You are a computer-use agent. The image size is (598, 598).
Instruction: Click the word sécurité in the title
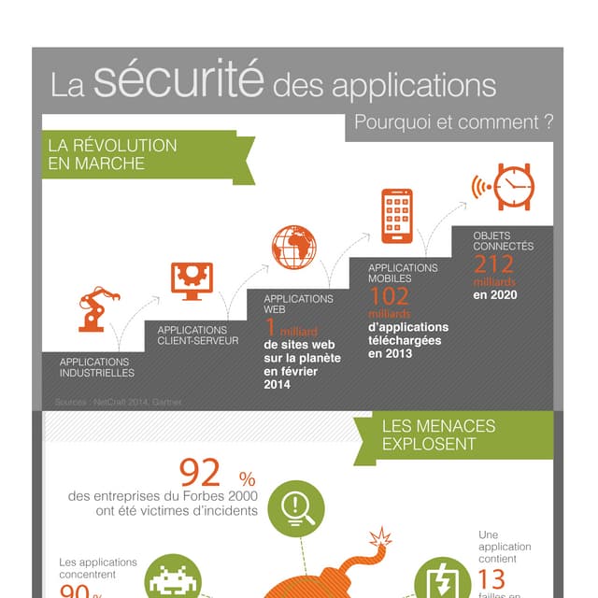tap(178, 81)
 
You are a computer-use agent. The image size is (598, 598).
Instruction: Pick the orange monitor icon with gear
tap(192, 280)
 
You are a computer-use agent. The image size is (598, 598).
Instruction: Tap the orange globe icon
tap(293, 248)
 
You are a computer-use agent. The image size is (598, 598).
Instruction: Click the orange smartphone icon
tap(396, 216)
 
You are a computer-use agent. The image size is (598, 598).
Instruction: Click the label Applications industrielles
tap(96, 366)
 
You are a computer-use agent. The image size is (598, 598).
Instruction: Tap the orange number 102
tap(389, 296)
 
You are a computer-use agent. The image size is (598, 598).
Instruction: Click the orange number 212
tap(493, 264)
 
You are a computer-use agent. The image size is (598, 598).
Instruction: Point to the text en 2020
tap(495, 295)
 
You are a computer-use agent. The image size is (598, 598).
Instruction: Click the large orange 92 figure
tap(201, 471)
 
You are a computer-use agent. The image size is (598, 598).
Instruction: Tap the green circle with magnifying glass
tap(296, 509)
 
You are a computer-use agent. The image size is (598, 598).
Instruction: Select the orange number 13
tap(491, 578)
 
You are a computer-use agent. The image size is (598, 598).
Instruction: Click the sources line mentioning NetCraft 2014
tap(118, 402)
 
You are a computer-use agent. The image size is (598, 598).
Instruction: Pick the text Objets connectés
tap(503, 241)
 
